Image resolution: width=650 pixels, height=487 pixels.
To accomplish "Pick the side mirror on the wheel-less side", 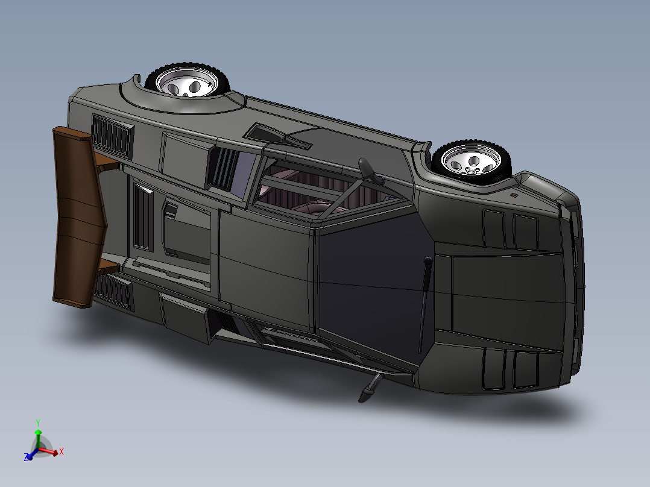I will [369, 388].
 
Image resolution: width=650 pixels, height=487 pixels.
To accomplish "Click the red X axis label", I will [62, 451].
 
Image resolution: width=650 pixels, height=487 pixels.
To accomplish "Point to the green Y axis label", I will [37, 423].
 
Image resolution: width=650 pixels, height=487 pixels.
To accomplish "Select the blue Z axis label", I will [27, 458].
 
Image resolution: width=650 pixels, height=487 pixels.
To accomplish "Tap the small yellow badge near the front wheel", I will [513, 195].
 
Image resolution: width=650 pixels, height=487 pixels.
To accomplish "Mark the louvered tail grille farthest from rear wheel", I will [113, 291].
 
